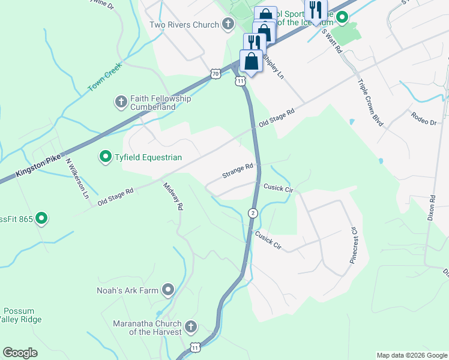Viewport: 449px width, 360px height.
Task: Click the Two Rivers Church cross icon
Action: pos(228,25)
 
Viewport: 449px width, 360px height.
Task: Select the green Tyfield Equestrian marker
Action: pos(106,157)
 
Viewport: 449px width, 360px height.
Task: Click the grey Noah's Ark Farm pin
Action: pos(168,290)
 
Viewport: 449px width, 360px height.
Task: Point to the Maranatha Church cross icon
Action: pos(190,327)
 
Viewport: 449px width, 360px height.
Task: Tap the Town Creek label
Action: pos(105,77)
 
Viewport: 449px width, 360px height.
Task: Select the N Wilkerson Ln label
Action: pos(77,179)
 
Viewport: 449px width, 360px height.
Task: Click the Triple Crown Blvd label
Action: pos(370,102)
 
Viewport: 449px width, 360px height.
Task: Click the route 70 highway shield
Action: pos(215,73)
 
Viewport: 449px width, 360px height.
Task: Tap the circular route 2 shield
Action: pos(253,213)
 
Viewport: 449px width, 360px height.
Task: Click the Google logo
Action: pos(20,352)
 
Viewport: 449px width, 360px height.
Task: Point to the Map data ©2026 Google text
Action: pos(412,355)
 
